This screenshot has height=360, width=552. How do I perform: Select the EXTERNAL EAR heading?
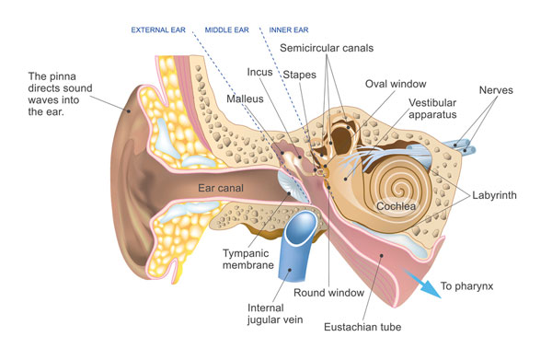click(158, 29)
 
